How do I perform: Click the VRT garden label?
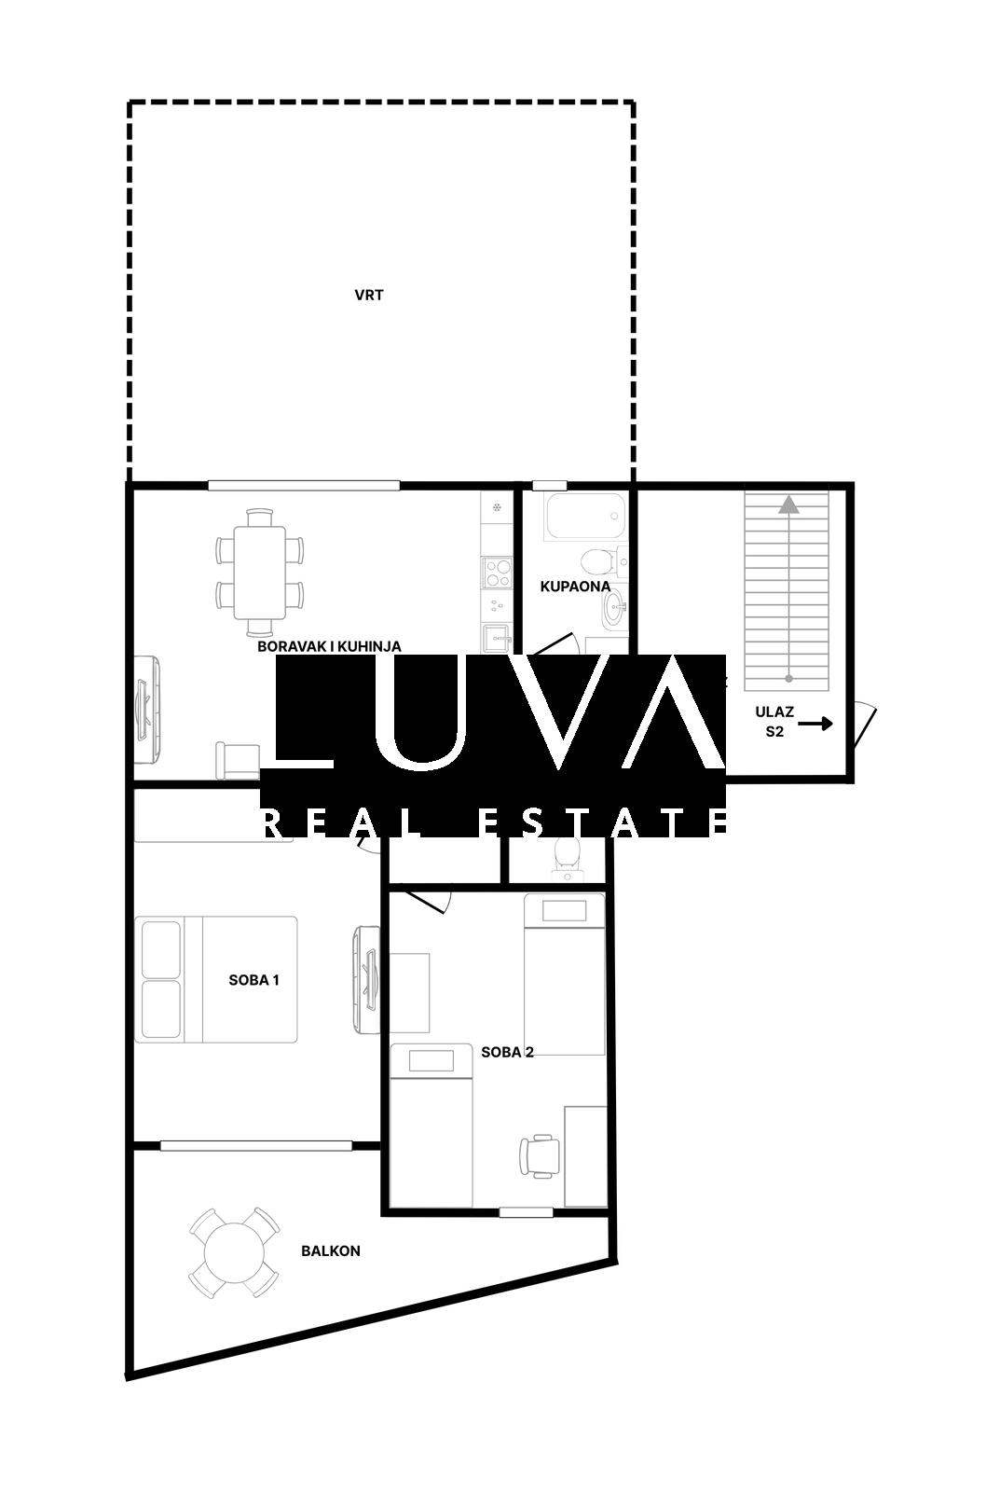pyautogui.click(x=369, y=295)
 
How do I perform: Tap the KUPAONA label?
pyautogui.click(x=575, y=587)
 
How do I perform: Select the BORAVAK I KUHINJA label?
pyautogui.click(x=330, y=646)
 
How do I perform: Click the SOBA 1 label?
pyautogui.click(x=253, y=980)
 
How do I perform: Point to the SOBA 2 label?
pyautogui.click(x=507, y=1052)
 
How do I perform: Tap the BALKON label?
pyautogui.click(x=331, y=1250)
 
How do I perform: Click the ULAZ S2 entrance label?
pyautogui.click(x=774, y=722)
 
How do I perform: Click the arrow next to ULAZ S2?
pyautogui.click(x=815, y=724)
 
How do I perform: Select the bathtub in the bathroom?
pyautogui.click(x=585, y=517)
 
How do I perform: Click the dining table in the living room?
pyautogui.click(x=260, y=573)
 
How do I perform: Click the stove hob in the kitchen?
pyautogui.click(x=497, y=573)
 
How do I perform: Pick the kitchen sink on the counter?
pyautogui.click(x=496, y=638)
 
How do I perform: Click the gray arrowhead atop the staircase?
pyautogui.click(x=789, y=504)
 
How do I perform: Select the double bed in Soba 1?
pyautogui.click(x=216, y=979)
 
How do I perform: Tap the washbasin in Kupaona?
pyautogui.click(x=614, y=607)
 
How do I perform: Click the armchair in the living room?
pyautogui.click(x=237, y=761)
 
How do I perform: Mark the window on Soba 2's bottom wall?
pyautogui.click(x=526, y=1212)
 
